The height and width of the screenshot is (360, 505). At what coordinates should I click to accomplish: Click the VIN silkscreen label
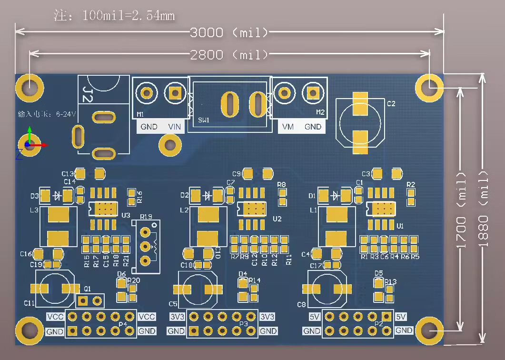175,127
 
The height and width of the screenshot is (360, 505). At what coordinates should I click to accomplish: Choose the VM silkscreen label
288,127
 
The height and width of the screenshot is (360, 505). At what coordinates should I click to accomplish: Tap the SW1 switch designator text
204,120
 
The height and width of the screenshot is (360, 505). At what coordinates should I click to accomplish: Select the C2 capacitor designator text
391,103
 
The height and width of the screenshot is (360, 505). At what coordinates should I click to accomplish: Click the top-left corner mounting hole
30,87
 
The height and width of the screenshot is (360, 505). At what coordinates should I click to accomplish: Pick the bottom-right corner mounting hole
429,330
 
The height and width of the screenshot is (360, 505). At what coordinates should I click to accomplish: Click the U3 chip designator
126,215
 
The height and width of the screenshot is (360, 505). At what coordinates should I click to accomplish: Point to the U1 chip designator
400,225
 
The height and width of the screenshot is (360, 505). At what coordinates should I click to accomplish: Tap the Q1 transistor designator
87,289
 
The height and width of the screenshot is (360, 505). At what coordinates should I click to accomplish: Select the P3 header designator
244,324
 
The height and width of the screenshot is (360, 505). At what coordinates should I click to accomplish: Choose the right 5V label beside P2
401,317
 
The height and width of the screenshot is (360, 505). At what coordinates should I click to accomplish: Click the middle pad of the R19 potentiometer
146,246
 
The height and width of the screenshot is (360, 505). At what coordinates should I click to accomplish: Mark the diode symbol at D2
208,195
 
